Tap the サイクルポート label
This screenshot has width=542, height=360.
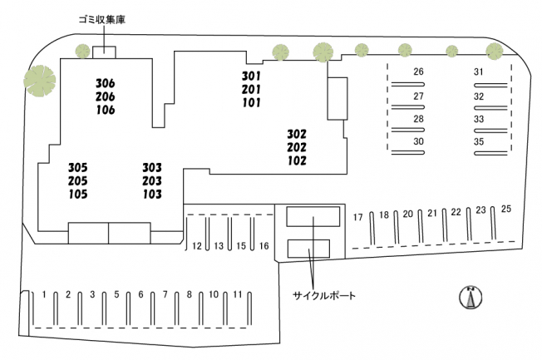point(323,295)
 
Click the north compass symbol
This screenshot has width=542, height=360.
point(471,296)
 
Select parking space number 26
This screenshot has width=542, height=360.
point(418,72)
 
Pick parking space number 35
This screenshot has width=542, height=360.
point(479,142)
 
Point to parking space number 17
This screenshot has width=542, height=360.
point(358,217)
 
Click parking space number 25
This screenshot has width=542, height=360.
point(506,209)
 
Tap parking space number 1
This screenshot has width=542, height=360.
point(44,294)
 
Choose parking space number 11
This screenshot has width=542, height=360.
point(238,294)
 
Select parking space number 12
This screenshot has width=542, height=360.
point(197,246)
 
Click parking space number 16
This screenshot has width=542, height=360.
point(264,246)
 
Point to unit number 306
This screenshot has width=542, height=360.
point(106,82)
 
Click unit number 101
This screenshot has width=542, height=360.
point(251,103)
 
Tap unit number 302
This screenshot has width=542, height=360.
point(297,134)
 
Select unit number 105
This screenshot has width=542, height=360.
point(55,195)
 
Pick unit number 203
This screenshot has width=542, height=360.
point(152,181)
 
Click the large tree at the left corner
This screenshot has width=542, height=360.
point(39,81)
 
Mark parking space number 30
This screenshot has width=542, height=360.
point(418,142)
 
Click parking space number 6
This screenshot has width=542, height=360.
point(140,294)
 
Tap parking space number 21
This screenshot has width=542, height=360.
point(431,214)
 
